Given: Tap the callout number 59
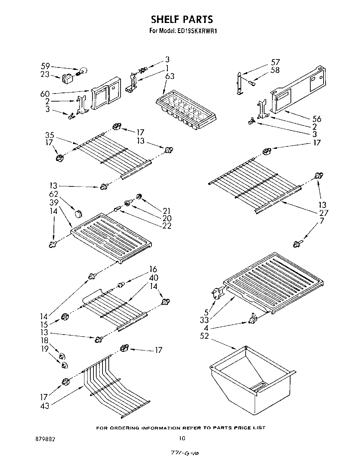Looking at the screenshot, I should coord(46,66).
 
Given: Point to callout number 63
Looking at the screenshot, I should coord(170,76).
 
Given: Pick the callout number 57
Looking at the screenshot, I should coord(275,63).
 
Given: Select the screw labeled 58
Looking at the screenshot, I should coord(253,83).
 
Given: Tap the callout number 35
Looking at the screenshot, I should coord(49,135).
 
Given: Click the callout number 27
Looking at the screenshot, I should coord(323,212).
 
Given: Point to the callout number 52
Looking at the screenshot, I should coord(205,336).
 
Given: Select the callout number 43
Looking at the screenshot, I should coord(45,405).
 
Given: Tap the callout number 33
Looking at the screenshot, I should coord(204,320).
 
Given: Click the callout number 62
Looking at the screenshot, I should coord(54,194).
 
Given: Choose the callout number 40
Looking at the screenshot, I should coord(153,277).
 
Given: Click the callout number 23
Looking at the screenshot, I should coord(45,74).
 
